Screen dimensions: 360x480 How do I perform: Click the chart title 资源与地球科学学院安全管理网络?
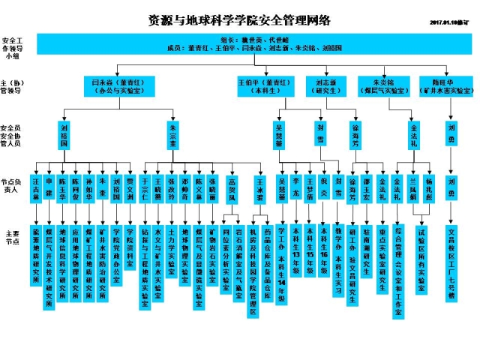tap(240, 20)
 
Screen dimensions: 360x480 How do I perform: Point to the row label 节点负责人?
tap(12, 186)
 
